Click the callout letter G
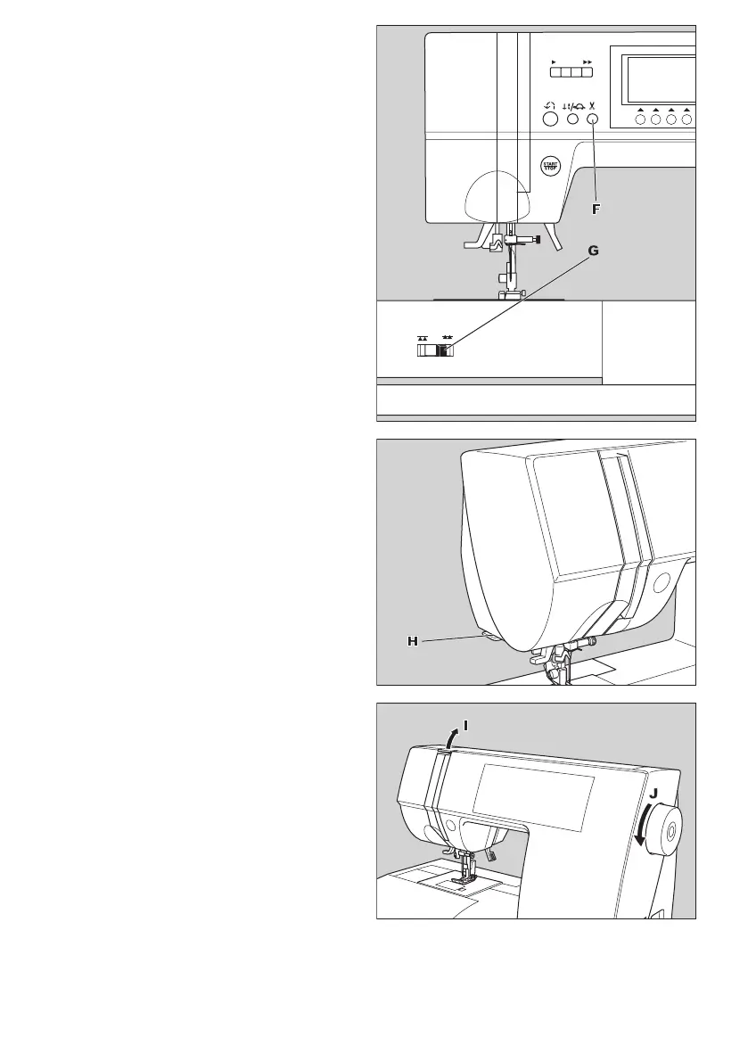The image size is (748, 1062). (x=593, y=252)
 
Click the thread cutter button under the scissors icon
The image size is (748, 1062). (x=592, y=119)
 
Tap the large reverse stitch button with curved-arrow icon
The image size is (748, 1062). (x=549, y=119)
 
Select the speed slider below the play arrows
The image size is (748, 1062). (x=571, y=73)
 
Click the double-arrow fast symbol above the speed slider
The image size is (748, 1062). (x=587, y=62)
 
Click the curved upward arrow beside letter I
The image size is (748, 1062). (x=453, y=737)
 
